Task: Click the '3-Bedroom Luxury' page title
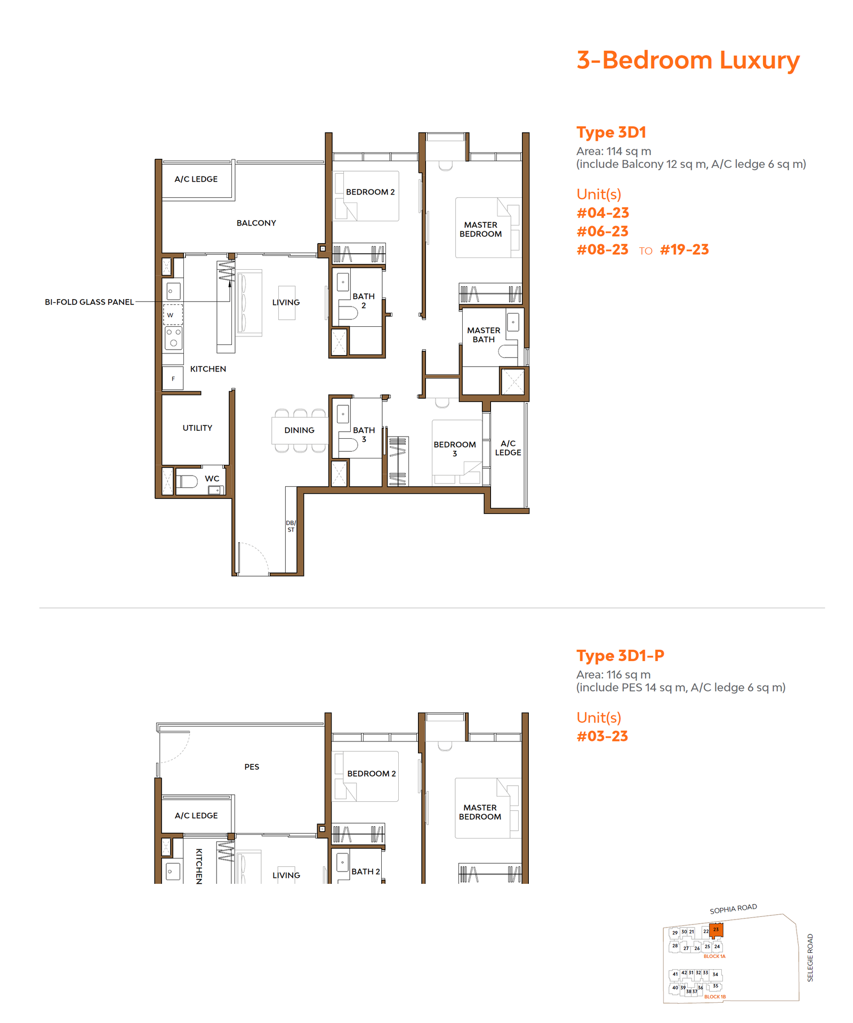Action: coord(688,60)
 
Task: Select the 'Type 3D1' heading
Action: coord(611,132)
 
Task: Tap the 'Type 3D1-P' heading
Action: coord(620,656)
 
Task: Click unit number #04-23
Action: coord(602,213)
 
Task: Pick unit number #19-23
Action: coord(685,249)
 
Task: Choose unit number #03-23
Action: coord(602,736)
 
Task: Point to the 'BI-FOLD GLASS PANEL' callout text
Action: coord(89,302)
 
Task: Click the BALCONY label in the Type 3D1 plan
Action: coord(256,223)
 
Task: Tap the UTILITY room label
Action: coord(197,428)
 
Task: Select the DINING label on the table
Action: coord(299,430)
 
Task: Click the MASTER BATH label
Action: coord(484,335)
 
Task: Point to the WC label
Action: coord(212,479)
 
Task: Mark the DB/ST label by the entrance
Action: coord(291,526)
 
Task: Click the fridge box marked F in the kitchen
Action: coord(173,378)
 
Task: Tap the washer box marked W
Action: coord(173,315)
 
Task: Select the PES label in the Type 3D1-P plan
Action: coord(252,767)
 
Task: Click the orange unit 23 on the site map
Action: coord(716,930)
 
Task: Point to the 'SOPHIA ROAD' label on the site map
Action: coord(733,909)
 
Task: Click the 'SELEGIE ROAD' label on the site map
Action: coord(810,957)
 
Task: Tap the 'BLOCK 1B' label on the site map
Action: coord(715,996)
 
